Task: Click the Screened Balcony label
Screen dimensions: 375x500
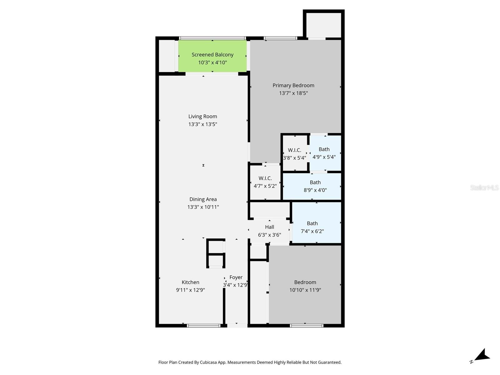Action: click(x=212, y=55)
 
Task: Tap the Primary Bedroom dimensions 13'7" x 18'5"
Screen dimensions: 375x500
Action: click(x=293, y=93)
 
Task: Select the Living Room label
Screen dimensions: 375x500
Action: click(x=202, y=117)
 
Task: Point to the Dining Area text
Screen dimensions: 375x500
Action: click(x=203, y=199)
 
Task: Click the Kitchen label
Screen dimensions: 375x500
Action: click(x=190, y=282)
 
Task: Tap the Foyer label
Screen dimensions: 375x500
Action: click(x=236, y=277)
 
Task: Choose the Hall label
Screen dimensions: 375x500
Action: click(x=269, y=227)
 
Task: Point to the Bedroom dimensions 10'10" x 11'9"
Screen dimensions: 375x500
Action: click(x=305, y=290)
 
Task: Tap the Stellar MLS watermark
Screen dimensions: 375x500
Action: click(x=484, y=187)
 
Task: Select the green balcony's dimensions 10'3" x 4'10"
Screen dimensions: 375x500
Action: click(x=212, y=62)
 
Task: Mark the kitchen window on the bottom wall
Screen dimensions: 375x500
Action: click(x=203, y=326)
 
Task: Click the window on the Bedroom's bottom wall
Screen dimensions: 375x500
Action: click(x=306, y=326)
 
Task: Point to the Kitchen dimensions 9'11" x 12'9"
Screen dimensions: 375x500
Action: click(x=190, y=290)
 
